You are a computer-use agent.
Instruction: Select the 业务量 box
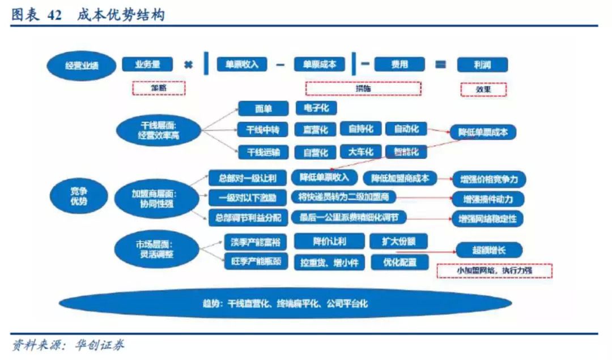pos(147,64)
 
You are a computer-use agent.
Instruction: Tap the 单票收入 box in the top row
pos(242,64)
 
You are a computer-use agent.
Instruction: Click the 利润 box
pos(483,65)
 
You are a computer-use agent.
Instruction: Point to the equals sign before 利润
pos(440,65)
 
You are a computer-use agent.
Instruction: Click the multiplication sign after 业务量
pos(188,65)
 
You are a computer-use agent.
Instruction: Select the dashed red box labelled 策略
pos(159,88)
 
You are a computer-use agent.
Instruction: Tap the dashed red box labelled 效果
pos(483,89)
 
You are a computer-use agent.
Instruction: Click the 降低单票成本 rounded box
pos(483,133)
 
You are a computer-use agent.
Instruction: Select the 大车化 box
pos(360,152)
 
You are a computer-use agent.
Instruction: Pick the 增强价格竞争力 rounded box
pos(489,180)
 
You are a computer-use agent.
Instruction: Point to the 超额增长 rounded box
pos(489,250)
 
